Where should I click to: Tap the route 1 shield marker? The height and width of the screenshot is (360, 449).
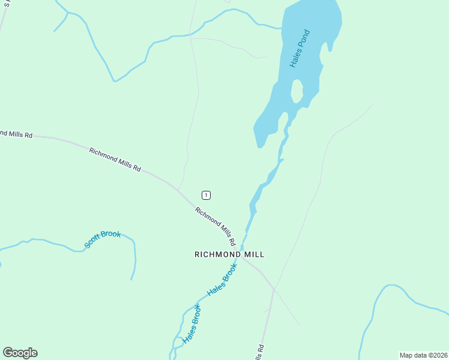click(x=206, y=195)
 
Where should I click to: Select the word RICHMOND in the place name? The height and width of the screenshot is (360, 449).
click(x=216, y=254)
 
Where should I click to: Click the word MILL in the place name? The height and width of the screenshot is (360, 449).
click(x=253, y=254)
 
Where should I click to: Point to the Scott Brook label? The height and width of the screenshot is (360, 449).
click(x=103, y=239)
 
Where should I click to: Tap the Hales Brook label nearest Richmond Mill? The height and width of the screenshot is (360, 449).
click(x=222, y=281)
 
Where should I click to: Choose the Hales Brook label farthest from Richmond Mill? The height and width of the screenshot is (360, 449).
click(x=192, y=324)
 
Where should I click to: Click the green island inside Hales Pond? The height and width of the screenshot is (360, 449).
click(x=297, y=91)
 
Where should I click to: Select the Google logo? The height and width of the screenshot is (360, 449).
click(x=20, y=353)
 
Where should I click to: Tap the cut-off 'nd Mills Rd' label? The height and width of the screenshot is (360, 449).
click(x=16, y=134)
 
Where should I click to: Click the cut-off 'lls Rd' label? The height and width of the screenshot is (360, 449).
click(x=259, y=352)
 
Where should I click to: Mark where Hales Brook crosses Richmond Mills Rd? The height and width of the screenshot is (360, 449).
click(x=241, y=248)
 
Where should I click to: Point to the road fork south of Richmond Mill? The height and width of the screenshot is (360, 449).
click(x=274, y=290)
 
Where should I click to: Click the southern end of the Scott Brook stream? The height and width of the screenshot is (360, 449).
click(x=131, y=279)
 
